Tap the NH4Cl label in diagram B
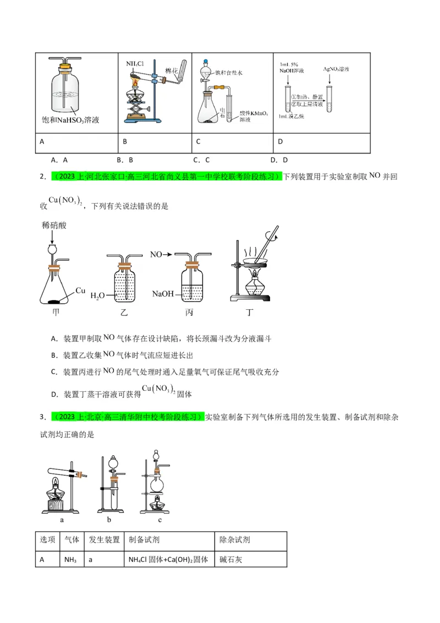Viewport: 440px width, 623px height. click(x=135, y=63)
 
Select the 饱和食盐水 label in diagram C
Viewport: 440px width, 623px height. click(x=231, y=72)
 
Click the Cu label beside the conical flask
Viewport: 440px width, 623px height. click(x=81, y=290)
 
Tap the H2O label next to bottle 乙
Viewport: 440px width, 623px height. click(x=97, y=296)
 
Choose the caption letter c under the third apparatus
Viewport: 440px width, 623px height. click(x=159, y=519)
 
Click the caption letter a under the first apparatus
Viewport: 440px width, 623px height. click(x=62, y=519)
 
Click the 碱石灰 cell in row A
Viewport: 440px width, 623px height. click(x=230, y=559)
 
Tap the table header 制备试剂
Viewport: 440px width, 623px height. click(x=144, y=539)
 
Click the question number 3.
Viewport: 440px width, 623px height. click(x=42, y=417)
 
